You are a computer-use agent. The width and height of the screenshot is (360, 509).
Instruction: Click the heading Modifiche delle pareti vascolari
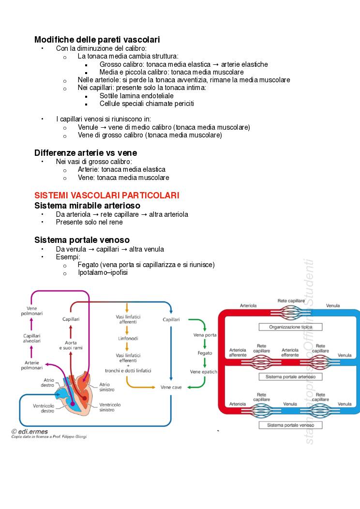pos(97,40)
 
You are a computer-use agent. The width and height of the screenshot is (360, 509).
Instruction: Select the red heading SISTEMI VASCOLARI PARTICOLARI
pos(106,195)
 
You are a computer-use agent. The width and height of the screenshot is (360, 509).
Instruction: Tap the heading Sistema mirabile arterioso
pos(87,206)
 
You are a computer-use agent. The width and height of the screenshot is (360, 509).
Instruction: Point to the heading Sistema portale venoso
pos(82,240)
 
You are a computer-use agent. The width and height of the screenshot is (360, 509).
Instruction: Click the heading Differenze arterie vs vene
pos(85,153)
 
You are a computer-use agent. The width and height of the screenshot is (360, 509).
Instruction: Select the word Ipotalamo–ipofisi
pos(103,273)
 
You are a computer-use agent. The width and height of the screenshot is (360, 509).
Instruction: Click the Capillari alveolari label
pos(32,338)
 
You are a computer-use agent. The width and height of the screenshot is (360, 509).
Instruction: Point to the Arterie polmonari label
pos(32,365)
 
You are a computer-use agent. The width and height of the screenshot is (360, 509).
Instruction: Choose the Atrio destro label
pos(47,383)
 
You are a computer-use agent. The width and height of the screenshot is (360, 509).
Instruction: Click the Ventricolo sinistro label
pos(110,407)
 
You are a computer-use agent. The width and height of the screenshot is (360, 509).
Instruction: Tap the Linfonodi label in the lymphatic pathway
pos(128,339)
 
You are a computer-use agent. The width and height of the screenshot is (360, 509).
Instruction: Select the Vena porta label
pos(205,335)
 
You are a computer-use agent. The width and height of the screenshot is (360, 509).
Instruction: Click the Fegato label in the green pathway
pos(205,353)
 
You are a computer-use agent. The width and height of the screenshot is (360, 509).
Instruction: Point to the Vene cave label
pos(171,387)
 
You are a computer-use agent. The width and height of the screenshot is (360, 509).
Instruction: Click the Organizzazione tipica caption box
pos(290,327)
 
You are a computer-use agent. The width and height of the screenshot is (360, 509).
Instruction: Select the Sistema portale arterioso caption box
pos(290,376)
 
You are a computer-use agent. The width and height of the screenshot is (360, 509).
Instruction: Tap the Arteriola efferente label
pos(290,352)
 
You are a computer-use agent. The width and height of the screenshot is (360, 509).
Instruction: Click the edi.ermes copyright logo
pos(30,431)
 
